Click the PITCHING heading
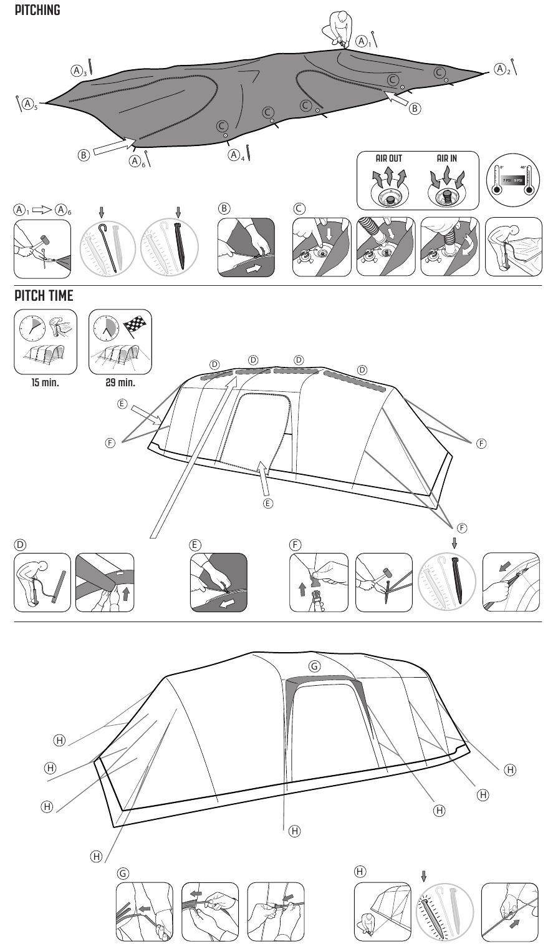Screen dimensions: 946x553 [37, 11]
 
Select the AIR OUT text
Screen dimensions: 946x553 [388, 158]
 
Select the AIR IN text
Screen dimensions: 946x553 [446, 158]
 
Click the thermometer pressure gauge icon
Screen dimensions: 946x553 [513, 180]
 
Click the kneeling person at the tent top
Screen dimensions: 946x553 [336, 28]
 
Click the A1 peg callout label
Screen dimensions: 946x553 [363, 41]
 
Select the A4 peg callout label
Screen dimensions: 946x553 [234, 154]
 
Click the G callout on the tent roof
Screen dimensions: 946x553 [315, 666]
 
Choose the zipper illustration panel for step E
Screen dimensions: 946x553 [218, 582]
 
